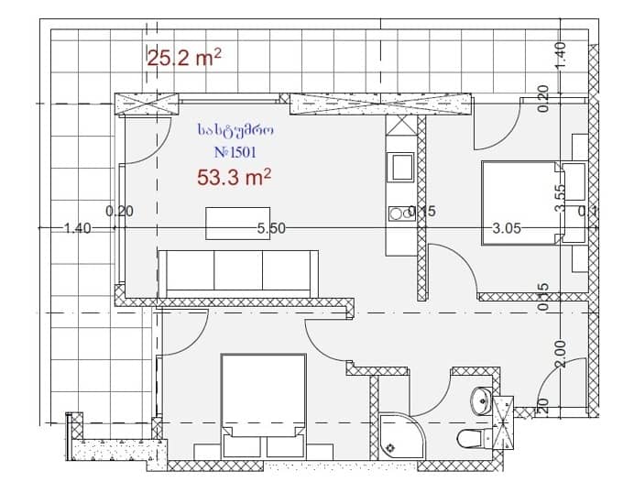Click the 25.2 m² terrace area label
[185, 59]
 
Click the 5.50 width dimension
[272, 229]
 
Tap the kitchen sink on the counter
[401, 167]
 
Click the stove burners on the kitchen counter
[399, 214]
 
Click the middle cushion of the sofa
[237, 270]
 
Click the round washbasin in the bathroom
[480, 400]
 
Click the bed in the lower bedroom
[263, 403]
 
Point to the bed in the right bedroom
[519, 203]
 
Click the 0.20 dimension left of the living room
[120, 211]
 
